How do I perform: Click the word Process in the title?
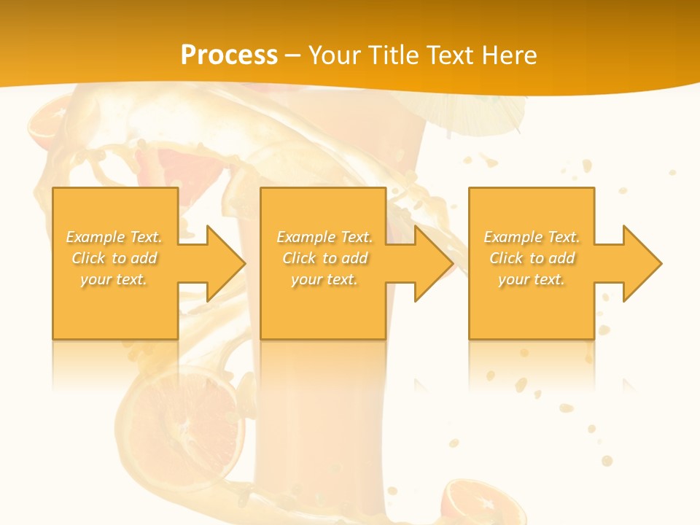tap(229, 55)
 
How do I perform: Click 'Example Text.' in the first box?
tap(114, 237)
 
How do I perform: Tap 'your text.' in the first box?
tap(114, 279)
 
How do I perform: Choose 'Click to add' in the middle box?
tap(324, 258)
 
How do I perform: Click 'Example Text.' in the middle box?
tap(324, 237)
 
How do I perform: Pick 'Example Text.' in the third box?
tap(532, 237)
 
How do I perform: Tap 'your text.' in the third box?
tap(532, 279)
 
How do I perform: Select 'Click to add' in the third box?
tap(532, 258)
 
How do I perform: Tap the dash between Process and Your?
tap(292, 55)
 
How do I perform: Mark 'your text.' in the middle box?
tap(324, 279)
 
